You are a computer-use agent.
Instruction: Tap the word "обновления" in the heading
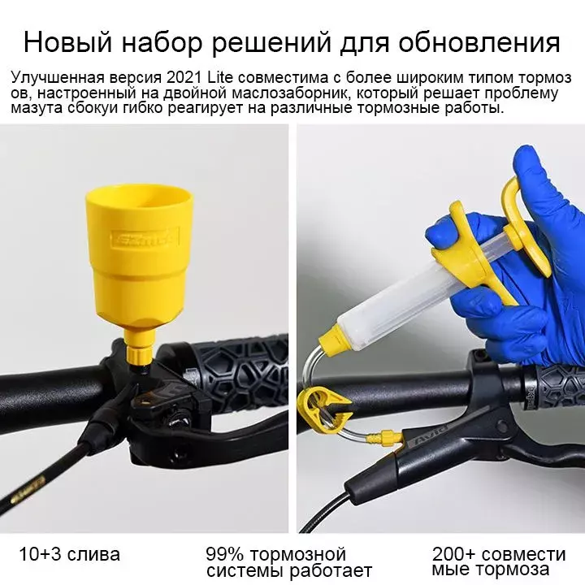479,43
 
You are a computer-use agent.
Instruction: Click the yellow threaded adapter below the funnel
139,353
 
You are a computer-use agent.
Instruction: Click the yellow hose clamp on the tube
321,409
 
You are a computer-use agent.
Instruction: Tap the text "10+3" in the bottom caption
37,554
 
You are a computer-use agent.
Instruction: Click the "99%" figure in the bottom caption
224,554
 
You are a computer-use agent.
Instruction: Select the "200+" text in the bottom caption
453,554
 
